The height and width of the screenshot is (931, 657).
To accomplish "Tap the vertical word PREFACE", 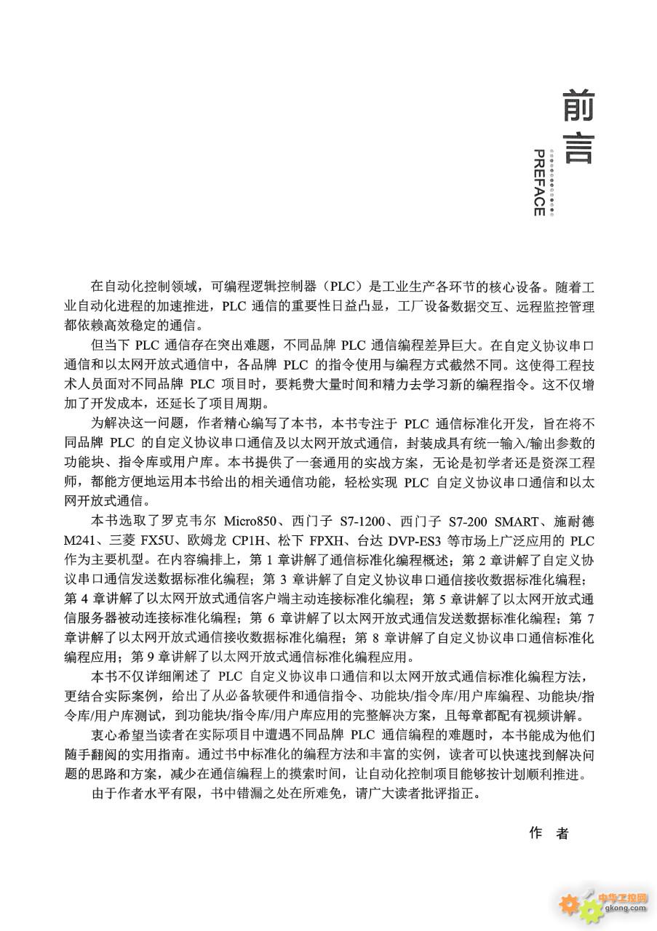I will tap(539, 183).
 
